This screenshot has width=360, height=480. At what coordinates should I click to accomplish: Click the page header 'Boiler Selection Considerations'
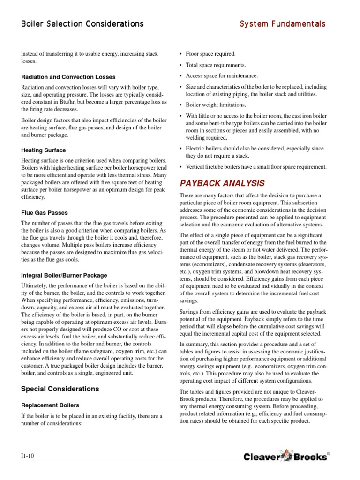click(82, 23)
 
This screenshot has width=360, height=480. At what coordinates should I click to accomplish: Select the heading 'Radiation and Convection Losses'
click(68, 76)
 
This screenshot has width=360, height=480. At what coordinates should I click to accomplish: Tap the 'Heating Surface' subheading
click(43, 150)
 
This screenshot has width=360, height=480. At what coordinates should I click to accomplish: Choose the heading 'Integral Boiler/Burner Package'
click(64, 275)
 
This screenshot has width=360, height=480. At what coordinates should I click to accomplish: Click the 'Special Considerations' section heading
click(60, 389)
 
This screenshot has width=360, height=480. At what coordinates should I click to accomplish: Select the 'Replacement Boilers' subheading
click(50, 405)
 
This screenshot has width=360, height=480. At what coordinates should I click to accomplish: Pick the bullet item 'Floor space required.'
click(210, 54)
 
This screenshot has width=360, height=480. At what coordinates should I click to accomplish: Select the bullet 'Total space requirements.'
click(216, 65)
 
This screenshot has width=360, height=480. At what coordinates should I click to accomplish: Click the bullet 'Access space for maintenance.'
click(222, 75)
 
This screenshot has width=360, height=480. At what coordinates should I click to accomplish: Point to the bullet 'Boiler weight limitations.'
click(216, 105)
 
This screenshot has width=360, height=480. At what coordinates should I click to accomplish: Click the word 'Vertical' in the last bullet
click(196, 167)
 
